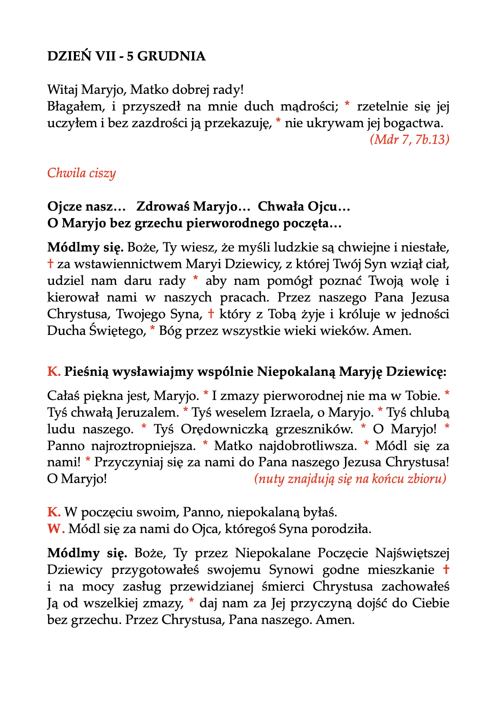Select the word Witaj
[x=63, y=90]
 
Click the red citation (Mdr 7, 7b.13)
[x=409, y=139]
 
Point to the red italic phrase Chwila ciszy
[x=81, y=173]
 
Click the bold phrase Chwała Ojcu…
[x=304, y=206]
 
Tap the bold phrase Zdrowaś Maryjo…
[x=193, y=206]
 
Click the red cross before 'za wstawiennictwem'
[x=51, y=264]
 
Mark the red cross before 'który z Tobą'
[x=211, y=314]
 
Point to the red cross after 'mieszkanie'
[x=446, y=569]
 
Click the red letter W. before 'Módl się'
[x=56, y=529]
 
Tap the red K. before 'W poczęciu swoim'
[x=54, y=512]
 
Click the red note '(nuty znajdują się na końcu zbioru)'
[x=350, y=479]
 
